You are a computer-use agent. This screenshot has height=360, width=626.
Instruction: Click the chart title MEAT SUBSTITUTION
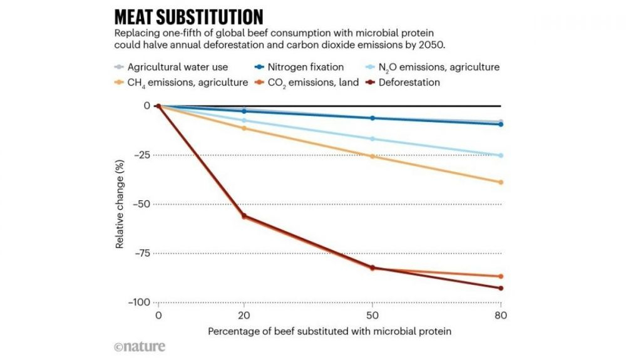pos(188,16)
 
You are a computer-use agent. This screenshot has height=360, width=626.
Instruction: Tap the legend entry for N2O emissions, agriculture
pos(439,66)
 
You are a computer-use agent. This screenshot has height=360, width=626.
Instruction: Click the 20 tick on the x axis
pos(244,316)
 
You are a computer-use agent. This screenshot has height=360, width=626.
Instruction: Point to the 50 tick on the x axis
pos(372,316)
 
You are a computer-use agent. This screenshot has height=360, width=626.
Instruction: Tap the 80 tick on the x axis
pos(501,316)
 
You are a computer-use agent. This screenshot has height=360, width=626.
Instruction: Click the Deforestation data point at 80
pos(501,288)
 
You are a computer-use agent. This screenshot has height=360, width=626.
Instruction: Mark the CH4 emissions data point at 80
pos(501,182)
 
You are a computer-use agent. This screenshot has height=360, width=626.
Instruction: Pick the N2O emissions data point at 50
pos(372,139)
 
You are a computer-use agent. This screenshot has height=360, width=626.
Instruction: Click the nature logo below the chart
pos(140,346)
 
